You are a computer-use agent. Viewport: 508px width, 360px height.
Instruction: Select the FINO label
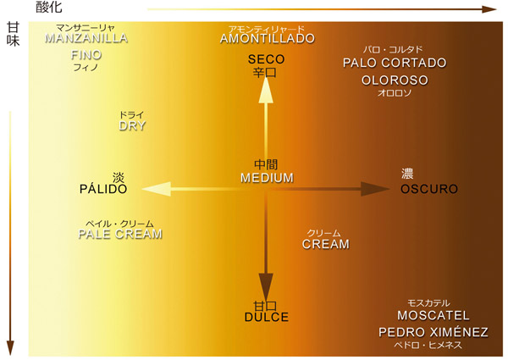pyautogui.click(x=86, y=54)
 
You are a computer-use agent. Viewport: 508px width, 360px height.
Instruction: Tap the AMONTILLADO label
pyautogui.click(x=267, y=38)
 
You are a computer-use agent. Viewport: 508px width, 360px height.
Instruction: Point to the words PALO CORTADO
pyautogui.click(x=394, y=63)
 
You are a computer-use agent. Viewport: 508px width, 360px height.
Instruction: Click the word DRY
pyautogui.click(x=132, y=125)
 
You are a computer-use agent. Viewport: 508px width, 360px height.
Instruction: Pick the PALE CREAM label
pyautogui.click(x=120, y=234)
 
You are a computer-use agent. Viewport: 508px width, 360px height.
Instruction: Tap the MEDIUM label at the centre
pyautogui.click(x=266, y=178)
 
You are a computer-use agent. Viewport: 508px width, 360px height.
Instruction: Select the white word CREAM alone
pyautogui.click(x=326, y=244)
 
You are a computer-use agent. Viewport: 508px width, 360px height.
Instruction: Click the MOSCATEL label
pyautogui.click(x=428, y=315)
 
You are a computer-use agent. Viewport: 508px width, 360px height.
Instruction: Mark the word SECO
pyautogui.click(x=266, y=59)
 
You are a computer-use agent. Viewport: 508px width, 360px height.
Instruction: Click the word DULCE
pyautogui.click(x=267, y=317)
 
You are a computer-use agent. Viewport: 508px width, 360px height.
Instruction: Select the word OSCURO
pyautogui.click(x=428, y=188)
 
